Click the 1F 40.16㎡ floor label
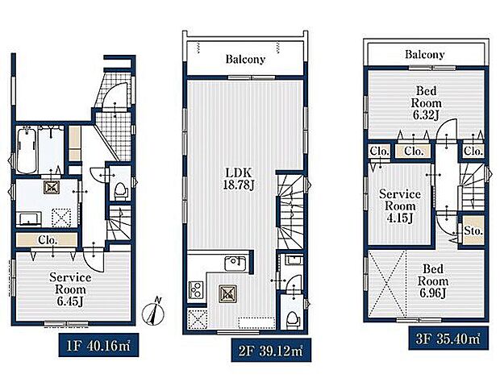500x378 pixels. pos(98,345)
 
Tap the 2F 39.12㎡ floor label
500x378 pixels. pos(271,351)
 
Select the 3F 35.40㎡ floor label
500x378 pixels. pos(448,339)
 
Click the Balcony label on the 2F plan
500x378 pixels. pos(245,60)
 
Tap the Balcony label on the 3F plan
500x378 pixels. pos(424,55)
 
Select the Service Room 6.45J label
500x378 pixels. pos(70,289)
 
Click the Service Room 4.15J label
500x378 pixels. pos(400,206)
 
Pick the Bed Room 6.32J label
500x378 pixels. pos(426,103)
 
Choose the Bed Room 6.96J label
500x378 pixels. pos(433,281)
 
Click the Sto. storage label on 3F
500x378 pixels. pos(473,231)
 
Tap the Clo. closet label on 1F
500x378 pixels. pos(48,239)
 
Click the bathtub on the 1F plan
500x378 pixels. pos(27,149)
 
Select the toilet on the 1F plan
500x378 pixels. pos(121,190)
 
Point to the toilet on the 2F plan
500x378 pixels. pos(292,318)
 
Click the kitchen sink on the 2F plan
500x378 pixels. pos(235,264)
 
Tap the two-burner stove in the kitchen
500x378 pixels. pos(196,289)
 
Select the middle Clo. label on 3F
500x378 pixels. pos(414,151)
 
